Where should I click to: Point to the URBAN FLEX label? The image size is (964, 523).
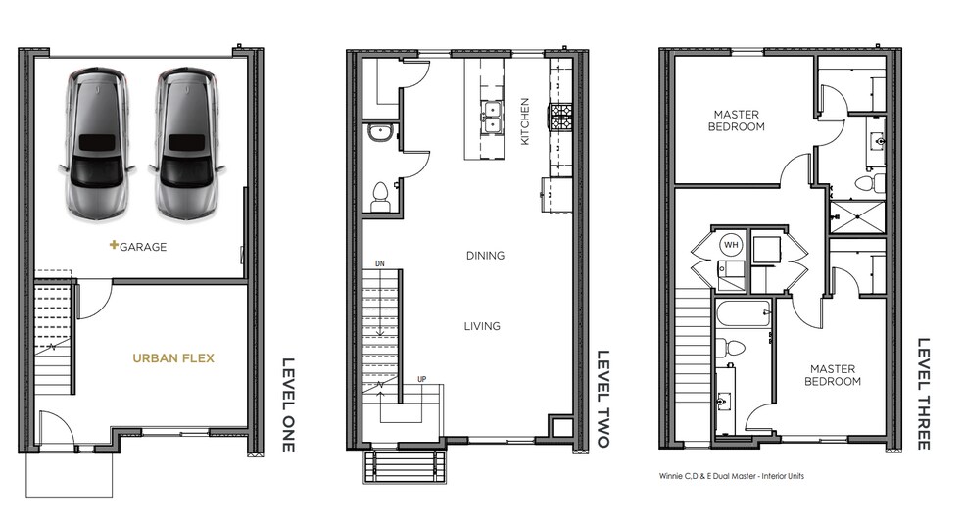pyautogui.click(x=174, y=358)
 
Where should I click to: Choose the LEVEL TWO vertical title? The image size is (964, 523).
pyautogui.click(x=602, y=399)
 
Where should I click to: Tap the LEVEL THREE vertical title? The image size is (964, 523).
pyautogui.click(x=923, y=394)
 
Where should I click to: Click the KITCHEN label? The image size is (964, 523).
pyautogui.click(x=525, y=121)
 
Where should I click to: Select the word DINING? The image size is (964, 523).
pyautogui.click(x=485, y=256)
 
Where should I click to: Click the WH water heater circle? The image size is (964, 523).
pyautogui.click(x=731, y=244)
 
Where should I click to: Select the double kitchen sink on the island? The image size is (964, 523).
pyautogui.click(x=491, y=121)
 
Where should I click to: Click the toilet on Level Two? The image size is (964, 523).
pyautogui.click(x=379, y=196)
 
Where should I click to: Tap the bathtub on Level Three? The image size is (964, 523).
pyautogui.click(x=744, y=316)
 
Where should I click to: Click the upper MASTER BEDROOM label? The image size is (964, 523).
pyautogui.click(x=738, y=120)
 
